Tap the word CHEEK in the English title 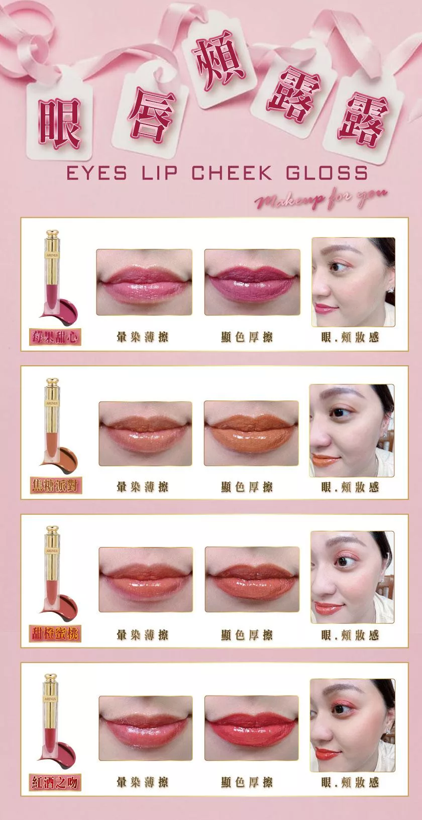(x=233, y=173)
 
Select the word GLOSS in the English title (x=327, y=173)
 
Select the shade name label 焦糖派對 (x=56, y=486)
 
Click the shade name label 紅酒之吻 (x=55, y=783)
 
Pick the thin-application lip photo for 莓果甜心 (x=144, y=282)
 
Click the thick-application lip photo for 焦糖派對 (x=251, y=434)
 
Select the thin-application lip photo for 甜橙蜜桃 (x=146, y=580)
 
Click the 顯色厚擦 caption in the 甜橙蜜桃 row (x=247, y=635)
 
